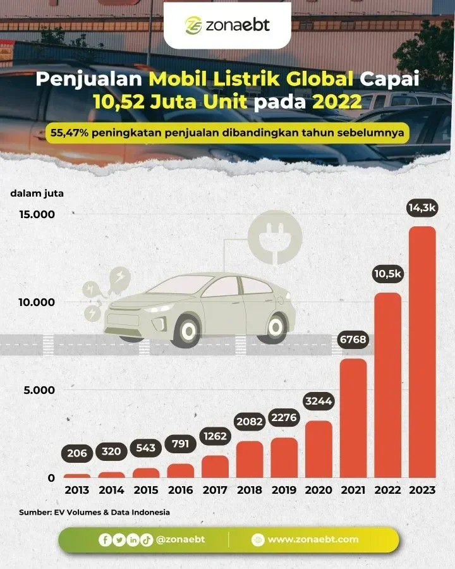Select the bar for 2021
(353, 418)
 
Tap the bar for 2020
(318, 449)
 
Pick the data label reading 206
(77, 453)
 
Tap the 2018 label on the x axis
(250, 490)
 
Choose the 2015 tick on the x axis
(146, 490)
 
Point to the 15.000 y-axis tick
(37, 214)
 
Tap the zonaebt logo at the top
(227, 25)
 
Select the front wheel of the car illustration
(187, 329)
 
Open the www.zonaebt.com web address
(312, 539)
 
